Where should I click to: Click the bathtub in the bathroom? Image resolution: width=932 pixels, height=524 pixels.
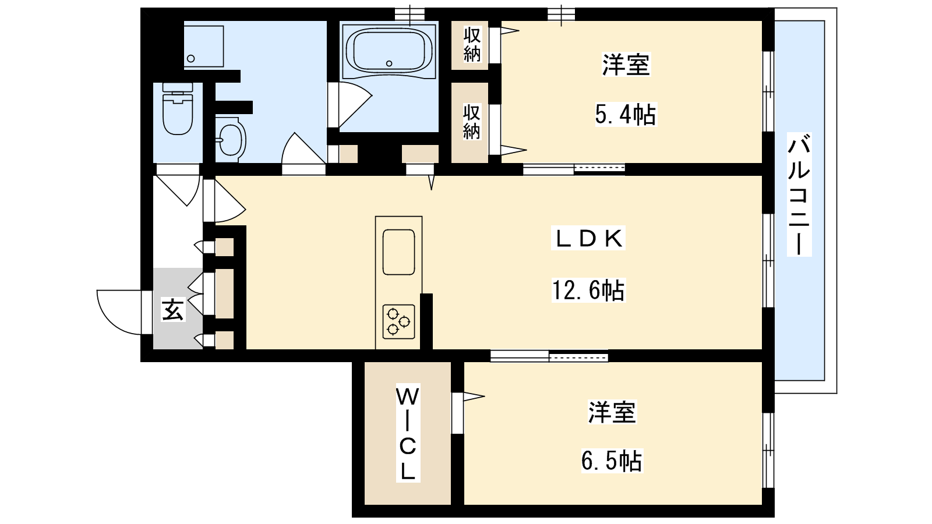pos(389,51)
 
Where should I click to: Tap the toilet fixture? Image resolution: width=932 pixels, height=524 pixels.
pos(178,108)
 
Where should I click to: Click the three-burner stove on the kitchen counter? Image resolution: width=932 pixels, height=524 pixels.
pos(398,321)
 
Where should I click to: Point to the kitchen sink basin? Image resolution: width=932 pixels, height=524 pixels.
pos(398,252)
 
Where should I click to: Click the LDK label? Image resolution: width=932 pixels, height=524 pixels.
pos(588,239)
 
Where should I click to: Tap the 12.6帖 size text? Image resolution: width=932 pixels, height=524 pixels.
pos(588,291)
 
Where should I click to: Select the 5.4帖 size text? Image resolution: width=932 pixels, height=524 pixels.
pos(626,114)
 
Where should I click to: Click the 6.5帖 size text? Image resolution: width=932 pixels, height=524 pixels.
pos(611,461)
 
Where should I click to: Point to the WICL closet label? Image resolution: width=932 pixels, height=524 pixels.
pos(408,433)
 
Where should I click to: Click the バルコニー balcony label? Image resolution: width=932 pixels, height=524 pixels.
pos(799,194)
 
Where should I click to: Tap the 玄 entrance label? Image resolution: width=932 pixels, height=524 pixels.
pos(172,310)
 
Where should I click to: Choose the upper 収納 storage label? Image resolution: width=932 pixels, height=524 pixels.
pos(472,44)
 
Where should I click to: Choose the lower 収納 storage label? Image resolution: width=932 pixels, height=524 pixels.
pos(472,122)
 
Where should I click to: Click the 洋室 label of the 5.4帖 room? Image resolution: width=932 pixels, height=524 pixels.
pos(626,65)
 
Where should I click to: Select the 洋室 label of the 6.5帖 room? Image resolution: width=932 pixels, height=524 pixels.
pos(612,412)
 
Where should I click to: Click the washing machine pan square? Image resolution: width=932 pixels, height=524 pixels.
pos(204,46)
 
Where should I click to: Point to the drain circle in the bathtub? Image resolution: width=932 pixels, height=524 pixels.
pos(389,63)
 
